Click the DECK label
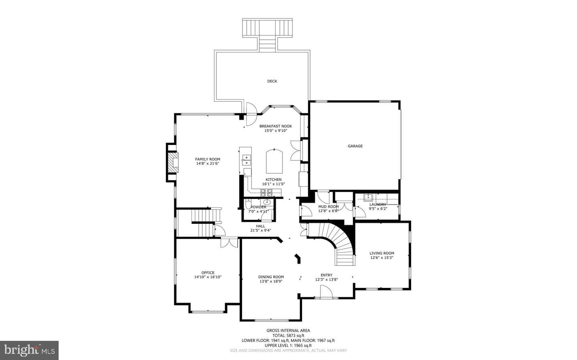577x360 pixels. pos(272,81)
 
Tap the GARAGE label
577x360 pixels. pos(355,146)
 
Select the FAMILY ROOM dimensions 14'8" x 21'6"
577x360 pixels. pos(208,163)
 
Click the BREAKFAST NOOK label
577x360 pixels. pos(276,126)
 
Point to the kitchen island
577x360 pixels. pos(274,161)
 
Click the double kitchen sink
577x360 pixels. pos(246,160)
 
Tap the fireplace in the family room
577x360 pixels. pos(173,163)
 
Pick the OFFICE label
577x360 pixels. pos(208,273)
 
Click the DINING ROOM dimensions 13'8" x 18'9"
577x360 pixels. pos(271,282)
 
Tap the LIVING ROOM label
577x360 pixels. pos(382,253)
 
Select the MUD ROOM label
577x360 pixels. pos(329,207)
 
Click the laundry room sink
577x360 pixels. pos(368,197)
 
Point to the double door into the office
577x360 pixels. pos(230,243)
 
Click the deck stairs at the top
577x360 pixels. pos(267,35)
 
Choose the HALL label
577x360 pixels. pos(260,226)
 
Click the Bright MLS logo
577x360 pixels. pos(29,350)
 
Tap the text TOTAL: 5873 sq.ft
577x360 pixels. pos(288,336)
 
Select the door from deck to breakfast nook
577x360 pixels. pos(251,114)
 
